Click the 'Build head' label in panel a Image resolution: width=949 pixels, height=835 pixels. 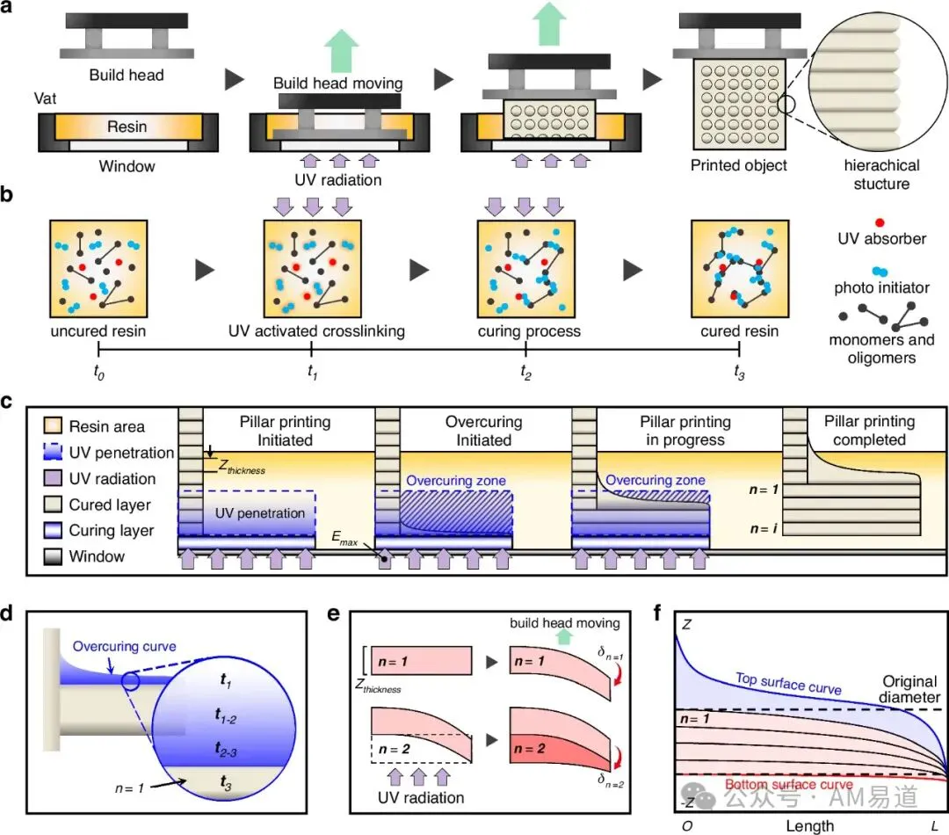(x=127, y=75)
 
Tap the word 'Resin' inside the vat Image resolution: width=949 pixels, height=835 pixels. (x=127, y=127)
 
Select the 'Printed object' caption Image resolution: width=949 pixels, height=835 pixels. (x=738, y=165)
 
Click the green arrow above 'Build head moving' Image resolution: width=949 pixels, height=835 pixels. (x=341, y=50)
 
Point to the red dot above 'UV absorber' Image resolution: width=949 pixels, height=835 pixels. (x=880, y=223)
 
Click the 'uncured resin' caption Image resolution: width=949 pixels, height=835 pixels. (x=98, y=331)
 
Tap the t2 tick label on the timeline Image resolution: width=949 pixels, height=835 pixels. (x=526, y=371)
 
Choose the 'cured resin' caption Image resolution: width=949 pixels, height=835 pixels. (x=740, y=331)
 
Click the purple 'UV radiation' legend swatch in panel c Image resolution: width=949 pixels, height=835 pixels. (x=54, y=478)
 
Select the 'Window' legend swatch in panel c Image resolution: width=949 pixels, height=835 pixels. (x=54, y=556)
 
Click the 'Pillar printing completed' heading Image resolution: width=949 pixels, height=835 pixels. (x=869, y=431)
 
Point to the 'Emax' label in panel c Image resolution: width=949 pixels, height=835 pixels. (x=344, y=538)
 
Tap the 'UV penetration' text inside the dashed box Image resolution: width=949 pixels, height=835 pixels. (x=260, y=513)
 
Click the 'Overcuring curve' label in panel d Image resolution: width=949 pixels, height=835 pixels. (x=124, y=646)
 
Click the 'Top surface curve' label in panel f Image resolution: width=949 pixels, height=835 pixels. (x=788, y=683)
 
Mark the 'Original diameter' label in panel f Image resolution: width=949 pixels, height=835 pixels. (x=909, y=689)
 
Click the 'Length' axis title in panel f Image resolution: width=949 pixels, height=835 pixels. (x=810, y=826)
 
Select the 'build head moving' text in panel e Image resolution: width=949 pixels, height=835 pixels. (x=565, y=623)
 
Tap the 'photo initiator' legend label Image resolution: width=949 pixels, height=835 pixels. (x=882, y=287)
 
